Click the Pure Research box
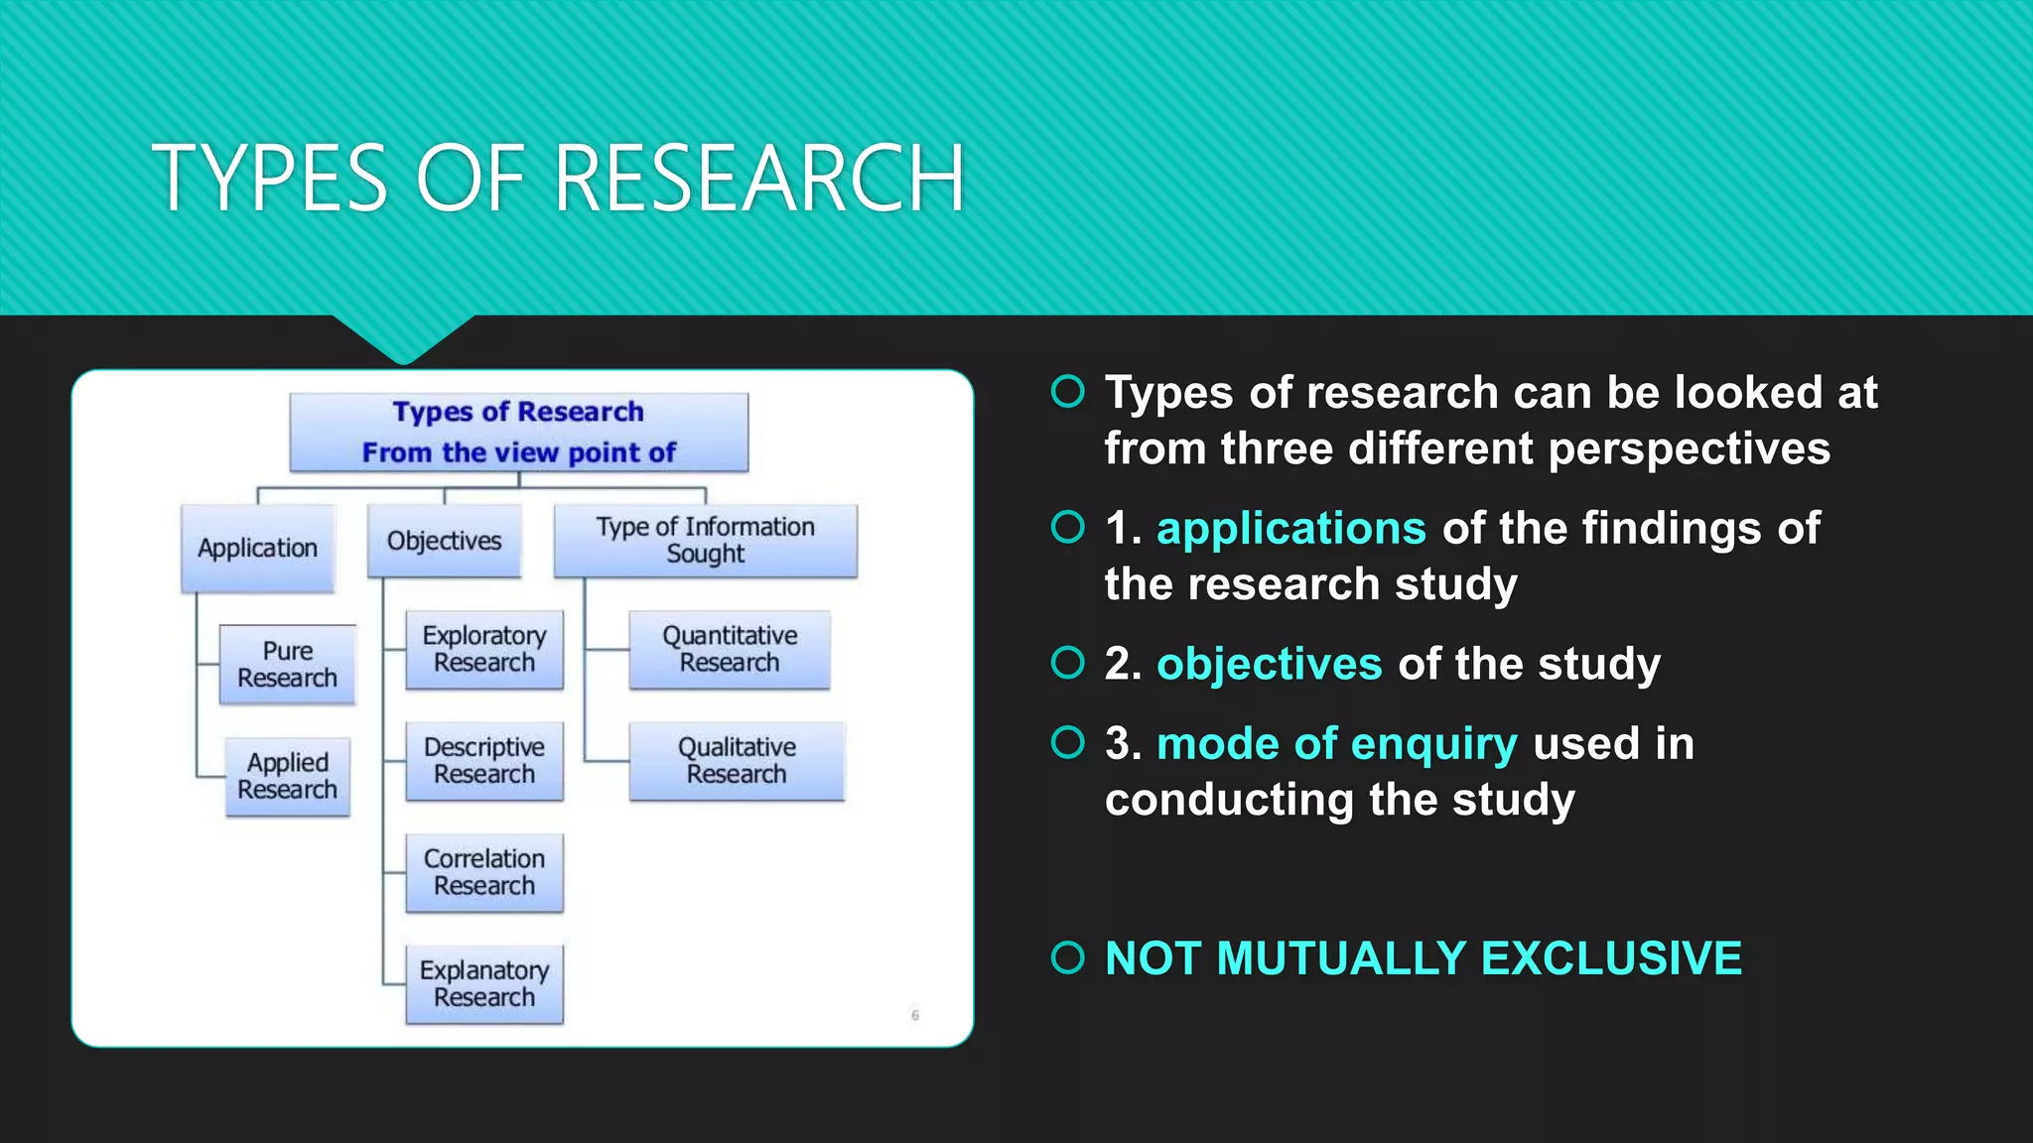[287, 665]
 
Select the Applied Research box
[287, 777]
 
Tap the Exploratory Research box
[484, 650]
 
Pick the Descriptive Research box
[484, 761]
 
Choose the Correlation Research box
[484, 872]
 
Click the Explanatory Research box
[484, 984]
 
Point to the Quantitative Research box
[730, 650]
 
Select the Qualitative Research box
[737, 761]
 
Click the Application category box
[257, 549]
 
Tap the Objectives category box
[444, 542]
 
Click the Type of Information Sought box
[705, 541]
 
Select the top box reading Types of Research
[518, 433]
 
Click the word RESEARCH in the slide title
[759, 179]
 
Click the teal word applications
[1290, 529]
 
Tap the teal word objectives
[1269, 664]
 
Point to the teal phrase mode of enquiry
[1336, 744]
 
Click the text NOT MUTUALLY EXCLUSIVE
[1423, 958]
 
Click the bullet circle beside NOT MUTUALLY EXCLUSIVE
[1068, 958]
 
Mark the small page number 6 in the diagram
[915, 1015]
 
